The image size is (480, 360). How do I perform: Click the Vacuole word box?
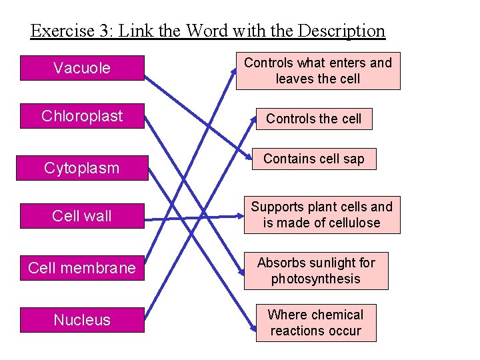point(82,68)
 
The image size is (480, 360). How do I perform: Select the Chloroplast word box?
point(82,116)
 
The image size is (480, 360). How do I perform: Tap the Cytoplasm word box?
point(82,168)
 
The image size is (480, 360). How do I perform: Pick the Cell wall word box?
point(82,216)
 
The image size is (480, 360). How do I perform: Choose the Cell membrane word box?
point(82,268)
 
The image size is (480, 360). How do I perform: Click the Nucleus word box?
point(82,320)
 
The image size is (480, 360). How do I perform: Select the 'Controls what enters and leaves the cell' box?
point(317,71)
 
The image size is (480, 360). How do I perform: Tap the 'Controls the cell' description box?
point(313,119)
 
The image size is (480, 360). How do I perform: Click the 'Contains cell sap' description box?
point(313,159)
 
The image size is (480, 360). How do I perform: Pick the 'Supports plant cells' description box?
point(321,215)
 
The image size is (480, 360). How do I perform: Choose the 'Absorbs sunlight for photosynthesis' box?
point(316,271)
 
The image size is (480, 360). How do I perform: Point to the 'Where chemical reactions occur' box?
point(316,323)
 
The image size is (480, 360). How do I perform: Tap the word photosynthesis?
point(316,279)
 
